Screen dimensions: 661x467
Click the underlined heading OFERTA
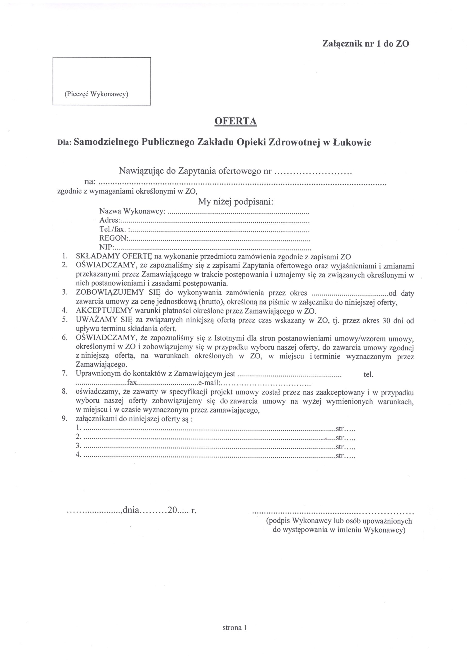236,121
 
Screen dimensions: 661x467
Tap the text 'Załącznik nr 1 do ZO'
365,44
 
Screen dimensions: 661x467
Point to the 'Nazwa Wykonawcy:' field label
132,211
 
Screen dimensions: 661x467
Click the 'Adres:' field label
110,220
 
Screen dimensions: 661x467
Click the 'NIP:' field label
107,247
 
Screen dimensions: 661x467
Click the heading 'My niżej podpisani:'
235,201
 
